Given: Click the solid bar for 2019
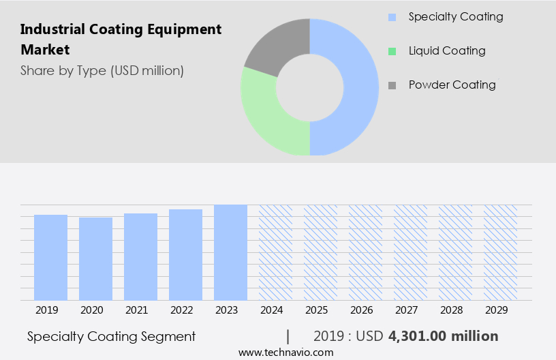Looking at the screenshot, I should click(50, 257).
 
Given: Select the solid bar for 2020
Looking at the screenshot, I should click(95, 258).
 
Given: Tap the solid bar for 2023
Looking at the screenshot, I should click(230, 252).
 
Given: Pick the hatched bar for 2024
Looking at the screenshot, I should click(275, 252).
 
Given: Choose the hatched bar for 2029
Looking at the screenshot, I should click(500, 252).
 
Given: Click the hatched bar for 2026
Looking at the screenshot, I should click(365, 252).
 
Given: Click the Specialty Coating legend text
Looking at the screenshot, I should click(455, 16).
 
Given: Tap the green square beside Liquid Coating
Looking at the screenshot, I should click(392, 51).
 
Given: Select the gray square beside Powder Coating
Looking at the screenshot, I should click(392, 85).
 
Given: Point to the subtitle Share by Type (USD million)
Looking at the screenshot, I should click(102, 70).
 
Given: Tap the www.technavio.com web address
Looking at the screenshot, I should click(286, 352).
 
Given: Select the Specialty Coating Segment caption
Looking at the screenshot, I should click(112, 336).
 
